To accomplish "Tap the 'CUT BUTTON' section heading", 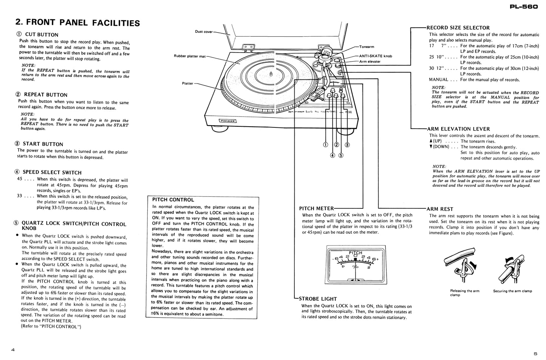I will (x=42, y=34).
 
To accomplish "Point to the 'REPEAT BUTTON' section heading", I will (x=45, y=95).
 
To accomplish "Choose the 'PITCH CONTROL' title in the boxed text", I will (x=173, y=200).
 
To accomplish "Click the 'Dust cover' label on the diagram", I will (x=204, y=32).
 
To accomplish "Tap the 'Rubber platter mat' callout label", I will (x=190, y=56).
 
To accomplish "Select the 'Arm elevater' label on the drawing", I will (x=370, y=61).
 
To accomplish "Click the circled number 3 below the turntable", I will (x=347, y=144).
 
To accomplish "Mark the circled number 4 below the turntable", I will (x=333, y=155).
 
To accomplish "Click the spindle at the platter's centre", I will (x=271, y=74).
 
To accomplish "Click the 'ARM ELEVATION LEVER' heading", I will (x=458, y=129).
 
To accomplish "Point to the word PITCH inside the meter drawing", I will (x=355, y=253).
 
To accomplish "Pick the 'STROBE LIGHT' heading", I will (x=318, y=298).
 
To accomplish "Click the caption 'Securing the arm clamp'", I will (x=512, y=291).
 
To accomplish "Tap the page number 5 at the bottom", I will (x=535, y=354).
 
